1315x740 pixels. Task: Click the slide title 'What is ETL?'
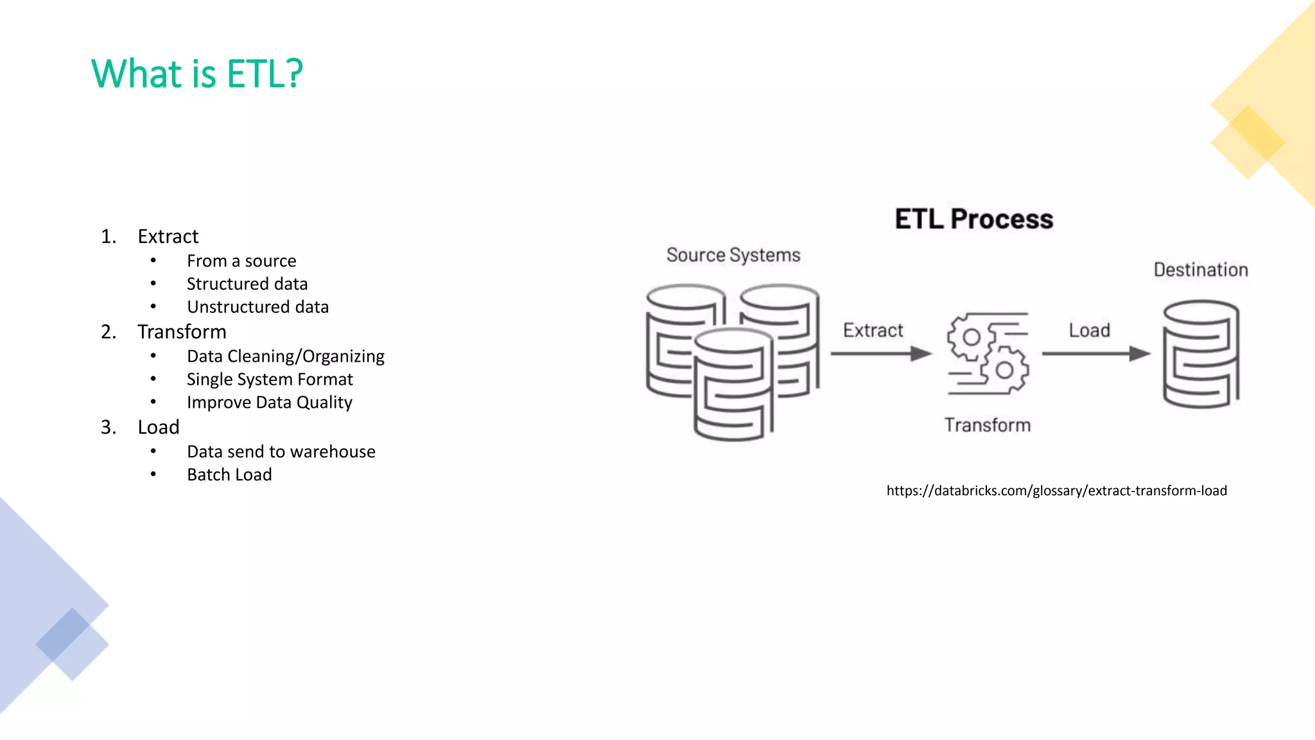click(196, 73)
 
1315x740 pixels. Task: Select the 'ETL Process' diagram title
click(973, 219)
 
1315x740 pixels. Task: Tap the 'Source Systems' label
click(733, 255)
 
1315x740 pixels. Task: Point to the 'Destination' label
click(1200, 270)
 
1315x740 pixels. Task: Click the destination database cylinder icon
click(1201, 354)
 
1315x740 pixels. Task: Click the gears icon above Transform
click(988, 353)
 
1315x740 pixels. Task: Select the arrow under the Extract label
click(880, 353)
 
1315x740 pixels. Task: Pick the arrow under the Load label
click(1095, 353)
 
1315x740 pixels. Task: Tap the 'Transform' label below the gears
click(987, 425)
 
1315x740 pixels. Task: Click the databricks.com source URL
click(1056, 491)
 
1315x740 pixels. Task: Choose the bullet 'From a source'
click(241, 261)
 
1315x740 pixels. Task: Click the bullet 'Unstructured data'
click(257, 307)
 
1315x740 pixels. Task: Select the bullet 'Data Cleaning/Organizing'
click(285, 356)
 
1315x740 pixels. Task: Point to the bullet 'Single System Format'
click(270, 379)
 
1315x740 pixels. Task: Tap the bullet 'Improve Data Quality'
click(269, 402)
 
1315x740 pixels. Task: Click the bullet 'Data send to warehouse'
click(281, 452)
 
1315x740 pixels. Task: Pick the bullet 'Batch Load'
click(229, 475)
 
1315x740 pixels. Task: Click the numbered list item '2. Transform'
click(182, 331)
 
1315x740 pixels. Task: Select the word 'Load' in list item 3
click(159, 427)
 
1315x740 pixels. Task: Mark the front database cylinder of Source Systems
click(733, 385)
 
